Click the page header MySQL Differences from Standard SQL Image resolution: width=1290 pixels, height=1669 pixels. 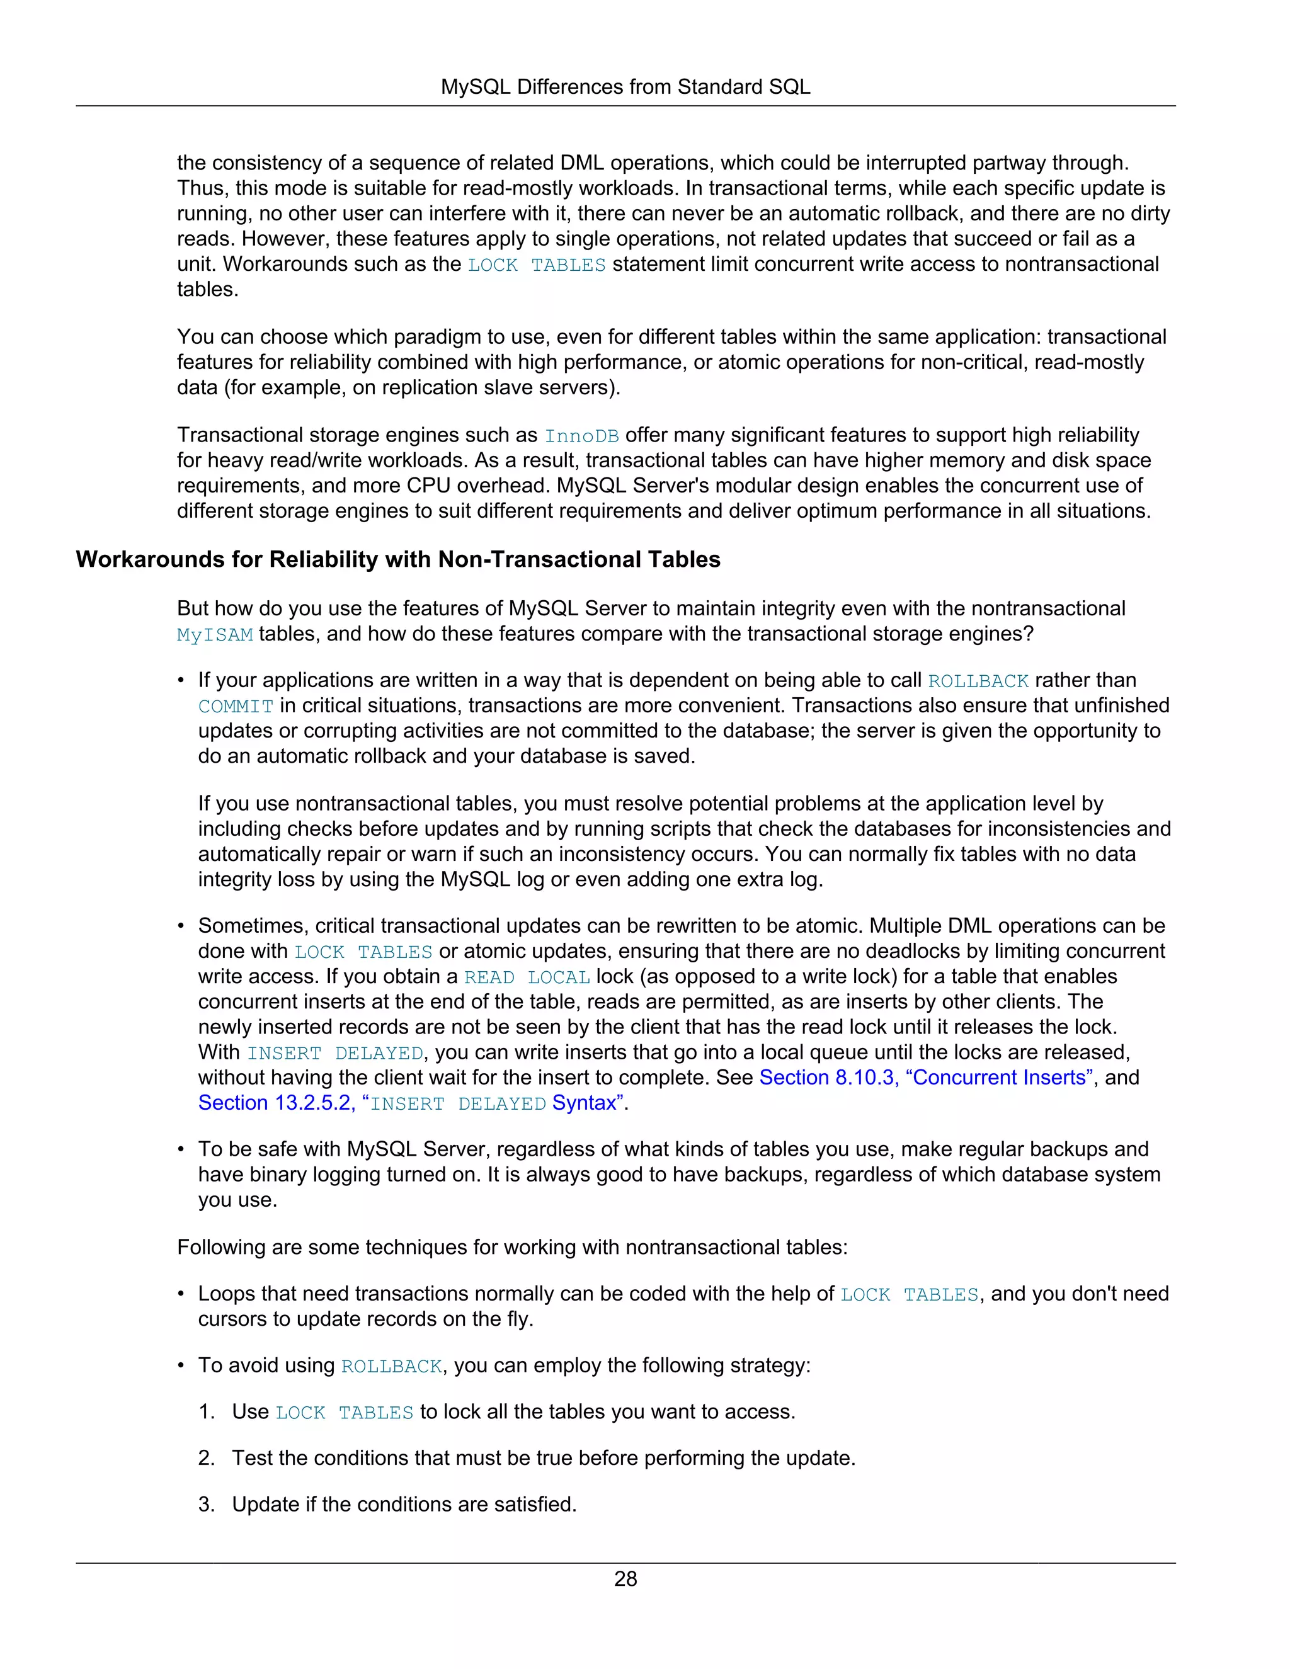click(625, 87)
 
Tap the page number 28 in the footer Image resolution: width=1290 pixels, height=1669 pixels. click(625, 1578)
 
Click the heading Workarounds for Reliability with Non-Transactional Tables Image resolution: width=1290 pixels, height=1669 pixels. click(397, 559)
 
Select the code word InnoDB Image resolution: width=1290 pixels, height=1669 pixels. click(581, 436)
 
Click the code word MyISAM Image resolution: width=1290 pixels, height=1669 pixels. click(215, 635)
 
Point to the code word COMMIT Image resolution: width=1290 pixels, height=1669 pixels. click(236, 707)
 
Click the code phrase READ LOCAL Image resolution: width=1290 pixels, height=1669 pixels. click(527, 977)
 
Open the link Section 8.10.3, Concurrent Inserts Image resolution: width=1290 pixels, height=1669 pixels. click(925, 1078)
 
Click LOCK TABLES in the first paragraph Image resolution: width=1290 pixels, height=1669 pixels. click(537, 265)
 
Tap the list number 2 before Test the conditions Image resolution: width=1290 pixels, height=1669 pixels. click(207, 1458)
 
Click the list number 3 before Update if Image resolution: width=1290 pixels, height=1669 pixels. click(207, 1504)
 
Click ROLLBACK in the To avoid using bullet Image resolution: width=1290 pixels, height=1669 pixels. click(391, 1367)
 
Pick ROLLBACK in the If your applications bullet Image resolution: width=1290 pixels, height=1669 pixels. click(978, 681)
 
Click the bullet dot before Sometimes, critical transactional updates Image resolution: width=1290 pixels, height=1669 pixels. click(181, 926)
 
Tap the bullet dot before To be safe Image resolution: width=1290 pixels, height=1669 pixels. click(181, 1149)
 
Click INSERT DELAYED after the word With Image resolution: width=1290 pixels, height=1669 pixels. click(334, 1053)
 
